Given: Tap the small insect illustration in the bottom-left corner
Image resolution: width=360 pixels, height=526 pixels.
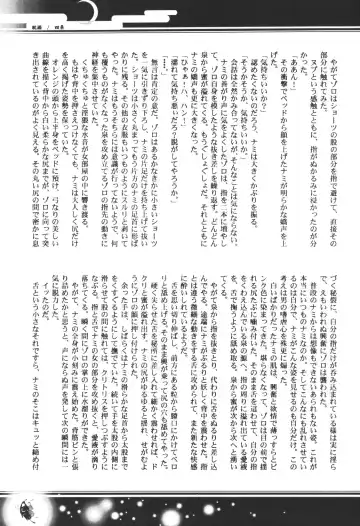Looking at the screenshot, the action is click(20, 511).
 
